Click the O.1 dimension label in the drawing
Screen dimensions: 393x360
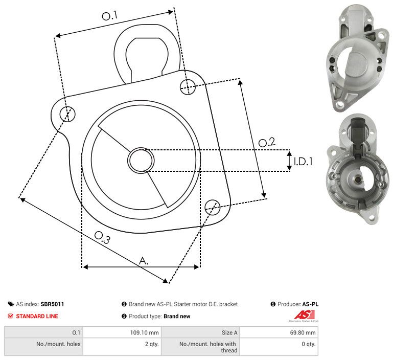tap(110, 15)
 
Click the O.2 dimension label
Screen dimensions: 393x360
tap(267, 142)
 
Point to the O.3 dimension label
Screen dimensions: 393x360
tap(102, 237)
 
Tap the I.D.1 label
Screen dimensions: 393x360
tap(303, 162)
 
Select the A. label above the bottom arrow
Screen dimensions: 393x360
tap(144, 261)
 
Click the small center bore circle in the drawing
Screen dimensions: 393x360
tap(141, 160)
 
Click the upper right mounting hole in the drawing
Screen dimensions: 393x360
tap(188, 87)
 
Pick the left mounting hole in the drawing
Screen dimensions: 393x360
tap(67, 114)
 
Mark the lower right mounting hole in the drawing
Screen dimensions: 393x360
tap(213, 207)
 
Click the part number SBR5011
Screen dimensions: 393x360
tap(52, 304)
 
